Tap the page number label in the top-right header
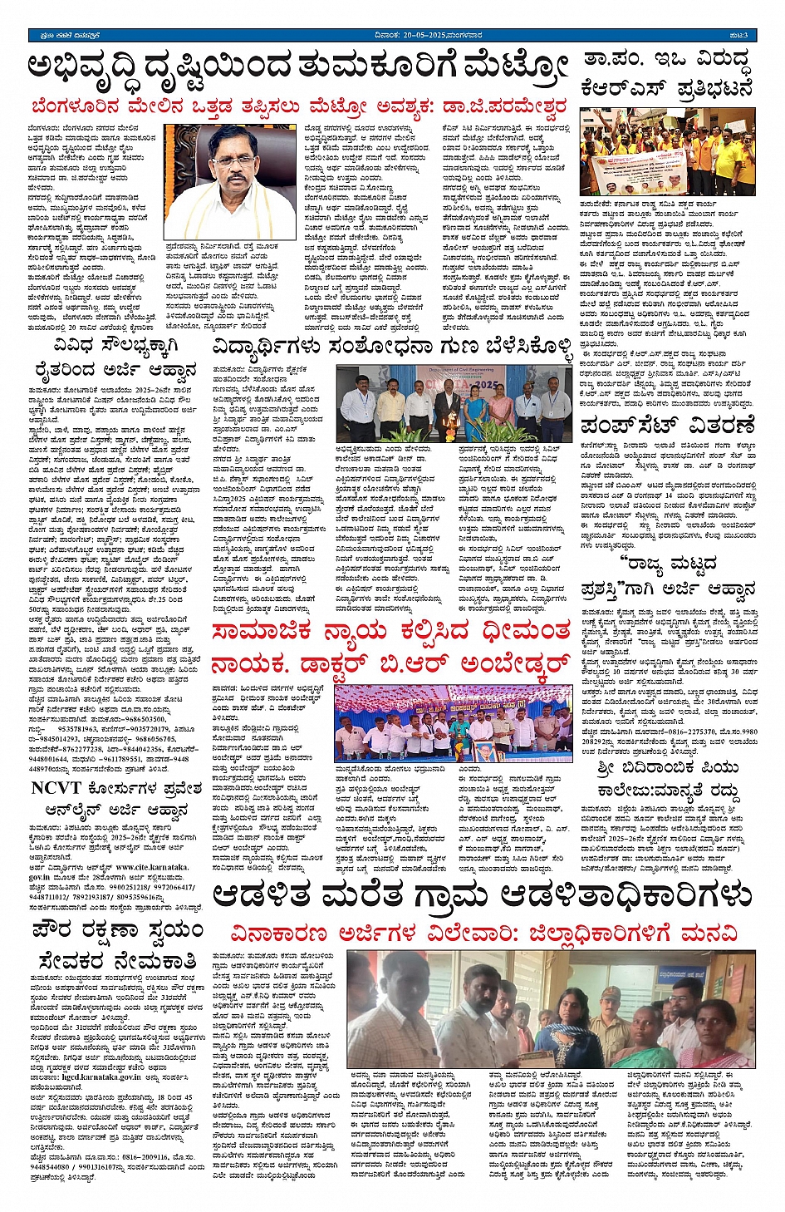(739, 35)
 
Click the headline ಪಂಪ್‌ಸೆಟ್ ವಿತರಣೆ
(667, 427)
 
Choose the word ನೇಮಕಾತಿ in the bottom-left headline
(149, 961)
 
